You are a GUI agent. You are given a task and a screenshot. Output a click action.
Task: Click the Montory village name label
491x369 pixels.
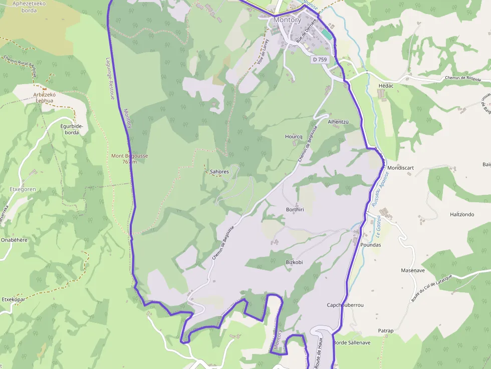point(287,20)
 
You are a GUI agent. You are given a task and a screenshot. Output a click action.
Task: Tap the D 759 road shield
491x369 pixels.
point(319,60)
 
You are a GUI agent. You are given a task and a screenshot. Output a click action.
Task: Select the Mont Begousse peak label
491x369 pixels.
point(129,158)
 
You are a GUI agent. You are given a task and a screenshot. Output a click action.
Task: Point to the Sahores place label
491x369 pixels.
point(219,172)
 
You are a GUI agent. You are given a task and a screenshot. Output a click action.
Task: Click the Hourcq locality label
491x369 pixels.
point(294,137)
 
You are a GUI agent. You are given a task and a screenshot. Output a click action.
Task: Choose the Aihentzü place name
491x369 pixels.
point(338,122)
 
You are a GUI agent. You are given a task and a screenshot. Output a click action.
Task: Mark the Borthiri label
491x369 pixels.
point(295,209)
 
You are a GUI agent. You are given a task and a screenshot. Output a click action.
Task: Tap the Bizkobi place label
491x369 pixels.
point(295,262)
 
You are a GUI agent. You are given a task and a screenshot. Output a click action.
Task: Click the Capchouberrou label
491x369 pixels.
point(345,305)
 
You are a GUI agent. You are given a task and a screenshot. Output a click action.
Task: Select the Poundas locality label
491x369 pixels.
point(371,245)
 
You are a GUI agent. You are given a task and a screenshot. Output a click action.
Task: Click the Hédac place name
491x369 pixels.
point(386,86)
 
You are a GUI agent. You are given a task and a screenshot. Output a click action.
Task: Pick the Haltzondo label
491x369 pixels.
point(462,214)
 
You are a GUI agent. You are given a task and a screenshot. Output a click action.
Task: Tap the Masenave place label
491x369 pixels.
point(413,270)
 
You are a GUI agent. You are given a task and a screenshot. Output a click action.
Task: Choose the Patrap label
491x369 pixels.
point(386,331)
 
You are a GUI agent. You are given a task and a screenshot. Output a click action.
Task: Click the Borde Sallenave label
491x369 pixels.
point(352,342)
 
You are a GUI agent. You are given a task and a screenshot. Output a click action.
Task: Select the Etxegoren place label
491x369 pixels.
point(23,189)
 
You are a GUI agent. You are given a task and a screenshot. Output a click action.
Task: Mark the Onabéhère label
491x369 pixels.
point(14,240)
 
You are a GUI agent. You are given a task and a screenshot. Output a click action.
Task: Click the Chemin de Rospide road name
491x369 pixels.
point(463,79)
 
